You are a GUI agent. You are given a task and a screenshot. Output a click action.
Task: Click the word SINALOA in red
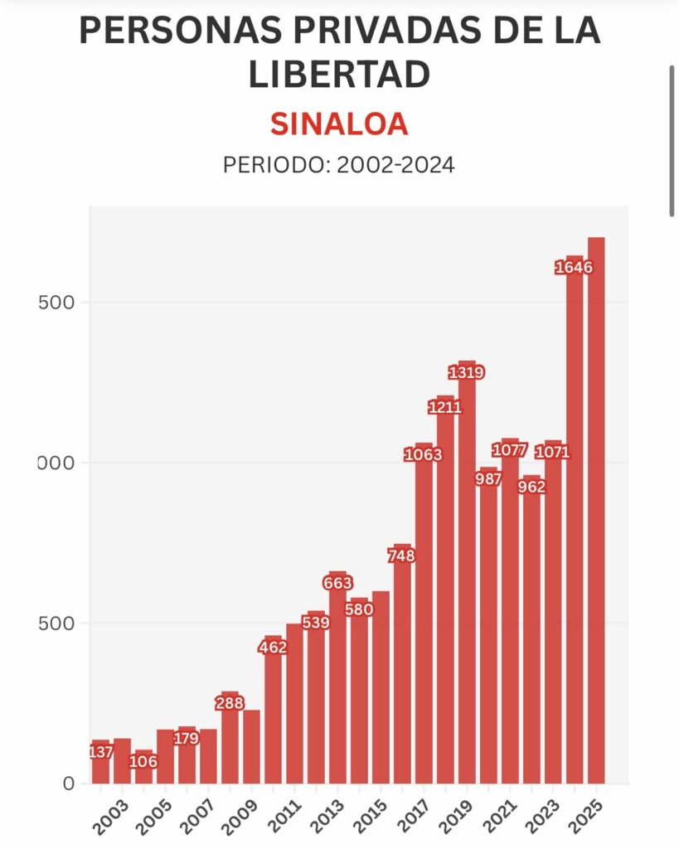click(x=339, y=124)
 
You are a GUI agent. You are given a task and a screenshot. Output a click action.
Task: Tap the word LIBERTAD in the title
click(x=339, y=75)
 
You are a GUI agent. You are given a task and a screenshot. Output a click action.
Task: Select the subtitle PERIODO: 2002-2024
click(x=339, y=165)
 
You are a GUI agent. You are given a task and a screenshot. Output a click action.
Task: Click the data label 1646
click(x=575, y=267)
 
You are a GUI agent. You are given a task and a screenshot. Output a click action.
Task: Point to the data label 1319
click(x=466, y=372)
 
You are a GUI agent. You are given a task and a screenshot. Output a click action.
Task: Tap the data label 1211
click(x=445, y=407)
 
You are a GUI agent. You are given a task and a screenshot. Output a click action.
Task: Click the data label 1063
click(x=424, y=454)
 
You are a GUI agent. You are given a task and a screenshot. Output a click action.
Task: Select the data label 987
click(x=488, y=478)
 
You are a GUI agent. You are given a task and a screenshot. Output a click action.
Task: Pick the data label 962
click(x=531, y=487)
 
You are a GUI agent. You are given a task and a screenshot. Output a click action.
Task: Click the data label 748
click(x=402, y=555)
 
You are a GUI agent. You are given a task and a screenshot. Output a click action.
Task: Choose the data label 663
click(x=337, y=583)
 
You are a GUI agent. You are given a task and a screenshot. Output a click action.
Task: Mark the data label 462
click(x=273, y=648)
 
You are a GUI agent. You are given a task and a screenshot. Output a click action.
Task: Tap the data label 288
click(x=230, y=703)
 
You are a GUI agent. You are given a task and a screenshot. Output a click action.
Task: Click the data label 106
click(x=143, y=761)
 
